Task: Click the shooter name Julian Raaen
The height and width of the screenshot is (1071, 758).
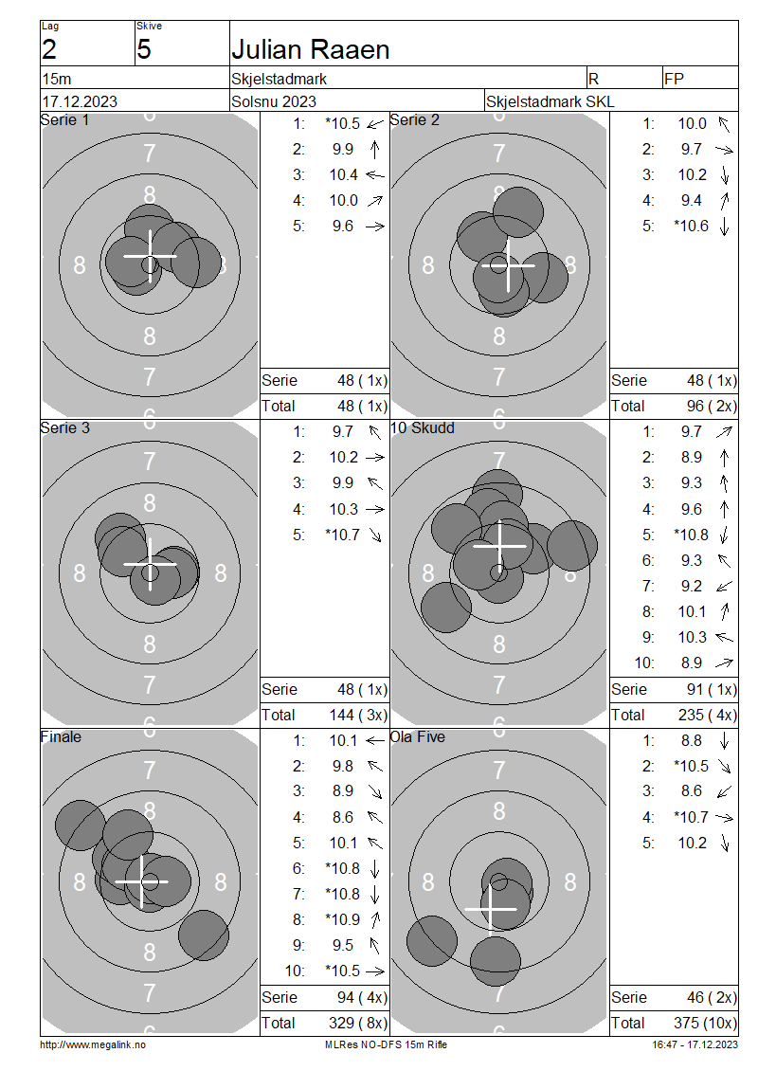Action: click(310, 50)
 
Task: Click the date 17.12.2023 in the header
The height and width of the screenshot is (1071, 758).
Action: click(80, 101)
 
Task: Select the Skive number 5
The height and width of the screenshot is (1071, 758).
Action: click(143, 50)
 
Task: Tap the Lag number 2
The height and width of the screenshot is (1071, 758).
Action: click(49, 50)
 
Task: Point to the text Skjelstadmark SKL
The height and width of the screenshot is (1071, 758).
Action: click(550, 101)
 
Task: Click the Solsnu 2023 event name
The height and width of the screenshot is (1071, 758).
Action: click(274, 101)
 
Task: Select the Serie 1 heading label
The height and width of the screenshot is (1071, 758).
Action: click(64, 120)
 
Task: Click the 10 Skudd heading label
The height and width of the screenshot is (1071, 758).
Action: click(422, 428)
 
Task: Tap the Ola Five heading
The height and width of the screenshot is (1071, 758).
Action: click(417, 737)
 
